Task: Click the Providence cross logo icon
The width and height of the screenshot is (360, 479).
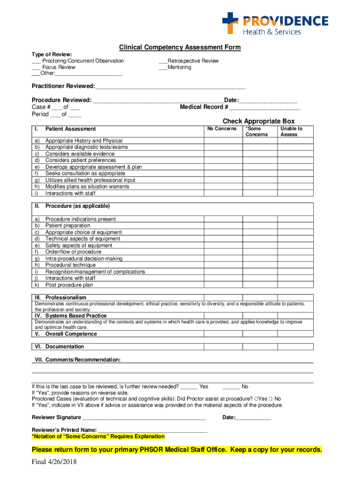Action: click(x=230, y=22)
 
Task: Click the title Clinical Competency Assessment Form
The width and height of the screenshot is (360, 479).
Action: click(x=180, y=47)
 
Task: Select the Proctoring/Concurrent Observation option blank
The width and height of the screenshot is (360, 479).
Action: click(x=36, y=61)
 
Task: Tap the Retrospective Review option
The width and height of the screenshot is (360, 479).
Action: click(x=188, y=61)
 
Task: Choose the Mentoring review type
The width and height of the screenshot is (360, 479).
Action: click(x=175, y=67)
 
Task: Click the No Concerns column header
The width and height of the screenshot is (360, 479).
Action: click(x=222, y=129)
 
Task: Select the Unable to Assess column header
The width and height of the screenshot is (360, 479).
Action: click(x=291, y=131)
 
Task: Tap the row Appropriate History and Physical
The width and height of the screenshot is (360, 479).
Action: click(x=84, y=141)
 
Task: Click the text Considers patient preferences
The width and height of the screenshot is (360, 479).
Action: click(x=80, y=160)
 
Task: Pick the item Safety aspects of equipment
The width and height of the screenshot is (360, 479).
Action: click(x=79, y=246)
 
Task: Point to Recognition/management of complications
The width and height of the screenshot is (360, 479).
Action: click(x=95, y=272)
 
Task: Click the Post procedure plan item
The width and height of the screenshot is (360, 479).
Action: click(x=69, y=285)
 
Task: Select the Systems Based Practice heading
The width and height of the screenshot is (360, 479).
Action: click(x=76, y=316)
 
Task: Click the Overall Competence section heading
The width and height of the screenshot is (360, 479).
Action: click(x=71, y=334)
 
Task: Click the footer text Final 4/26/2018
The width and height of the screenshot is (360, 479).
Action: click(x=54, y=463)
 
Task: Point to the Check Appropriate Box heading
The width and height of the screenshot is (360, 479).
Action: click(x=259, y=121)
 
